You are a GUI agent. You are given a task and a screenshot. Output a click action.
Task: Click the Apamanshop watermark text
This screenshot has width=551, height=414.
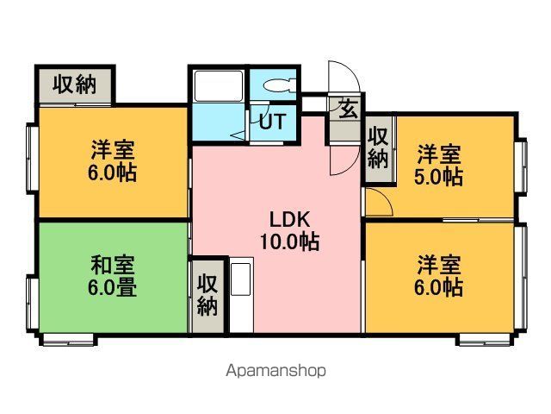tap(275, 371)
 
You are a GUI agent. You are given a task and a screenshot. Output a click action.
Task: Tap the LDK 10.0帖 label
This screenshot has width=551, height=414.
tap(290, 230)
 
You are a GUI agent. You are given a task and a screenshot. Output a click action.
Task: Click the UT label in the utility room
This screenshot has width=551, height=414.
tap(273, 122)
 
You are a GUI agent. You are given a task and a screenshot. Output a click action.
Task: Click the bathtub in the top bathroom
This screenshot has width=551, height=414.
tap(219, 85)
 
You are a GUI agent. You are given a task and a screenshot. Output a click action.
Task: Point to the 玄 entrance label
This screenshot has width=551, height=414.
tap(348, 109)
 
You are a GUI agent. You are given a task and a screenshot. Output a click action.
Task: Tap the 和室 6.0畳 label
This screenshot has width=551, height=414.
tap(113, 276)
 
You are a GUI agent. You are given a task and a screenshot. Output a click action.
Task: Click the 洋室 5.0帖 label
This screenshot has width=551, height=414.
tap(438, 165)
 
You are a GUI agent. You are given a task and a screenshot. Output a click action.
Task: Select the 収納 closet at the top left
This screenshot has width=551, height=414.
tap(75, 85)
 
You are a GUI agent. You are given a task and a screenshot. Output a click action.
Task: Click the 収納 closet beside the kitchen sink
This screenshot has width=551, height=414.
tap(207, 296)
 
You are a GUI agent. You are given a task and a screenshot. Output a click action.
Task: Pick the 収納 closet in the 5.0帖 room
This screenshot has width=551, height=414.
tap(378, 148)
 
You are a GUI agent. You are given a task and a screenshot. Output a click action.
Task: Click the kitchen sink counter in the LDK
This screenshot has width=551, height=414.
tap(241, 295)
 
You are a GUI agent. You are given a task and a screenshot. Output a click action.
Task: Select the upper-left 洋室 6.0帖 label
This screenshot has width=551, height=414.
tap(113, 160)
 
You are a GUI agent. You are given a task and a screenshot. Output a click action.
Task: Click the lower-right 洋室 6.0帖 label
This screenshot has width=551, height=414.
tap(438, 276)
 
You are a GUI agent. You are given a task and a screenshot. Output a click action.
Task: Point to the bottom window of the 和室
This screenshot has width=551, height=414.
tap(69, 340)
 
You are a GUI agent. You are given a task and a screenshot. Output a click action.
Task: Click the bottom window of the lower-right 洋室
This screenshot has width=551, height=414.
tap(485, 340)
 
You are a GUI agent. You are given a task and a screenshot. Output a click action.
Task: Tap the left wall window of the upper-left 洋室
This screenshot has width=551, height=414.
tap(33, 159)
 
